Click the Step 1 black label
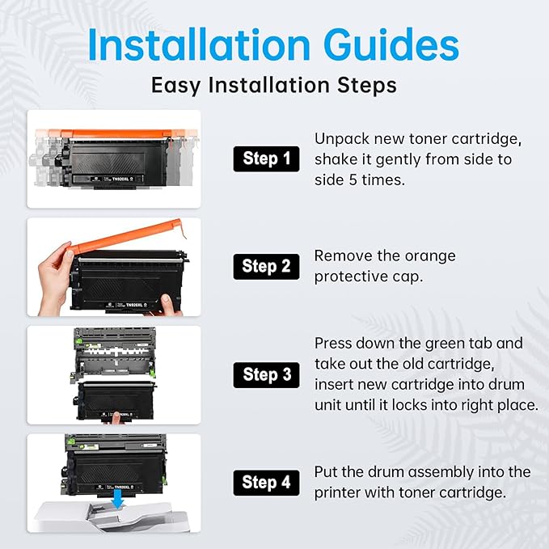pyautogui.click(x=266, y=158)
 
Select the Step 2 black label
pyautogui.click(x=266, y=266)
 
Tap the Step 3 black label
pyautogui.click(x=266, y=374)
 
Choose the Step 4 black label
pyautogui.click(x=266, y=483)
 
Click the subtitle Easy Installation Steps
pyautogui.click(x=274, y=84)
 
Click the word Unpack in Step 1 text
pyautogui.click(x=340, y=138)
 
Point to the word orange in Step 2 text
pyautogui.click(x=428, y=256)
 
